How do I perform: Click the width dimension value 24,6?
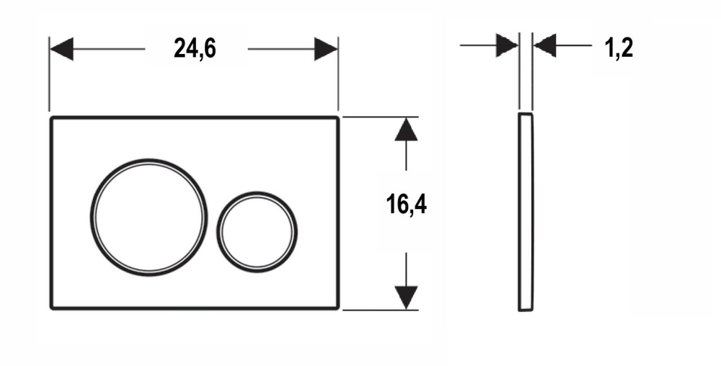click(195, 49)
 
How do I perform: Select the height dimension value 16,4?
click(407, 206)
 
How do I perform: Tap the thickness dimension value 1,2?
click(619, 48)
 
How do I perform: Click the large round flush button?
click(149, 215)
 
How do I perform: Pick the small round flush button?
click(257, 232)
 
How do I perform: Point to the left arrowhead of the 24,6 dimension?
click(61, 49)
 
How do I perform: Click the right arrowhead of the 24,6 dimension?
click(326, 49)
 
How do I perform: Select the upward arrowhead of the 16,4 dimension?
click(407, 130)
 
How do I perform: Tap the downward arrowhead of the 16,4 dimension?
click(407, 297)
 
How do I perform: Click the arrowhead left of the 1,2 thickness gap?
click(507, 46)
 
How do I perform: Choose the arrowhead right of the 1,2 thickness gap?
click(545, 46)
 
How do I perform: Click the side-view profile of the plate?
click(526, 212)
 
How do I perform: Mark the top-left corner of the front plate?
click(51, 117)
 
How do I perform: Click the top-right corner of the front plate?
click(337, 117)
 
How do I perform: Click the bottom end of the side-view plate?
click(526, 309)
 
